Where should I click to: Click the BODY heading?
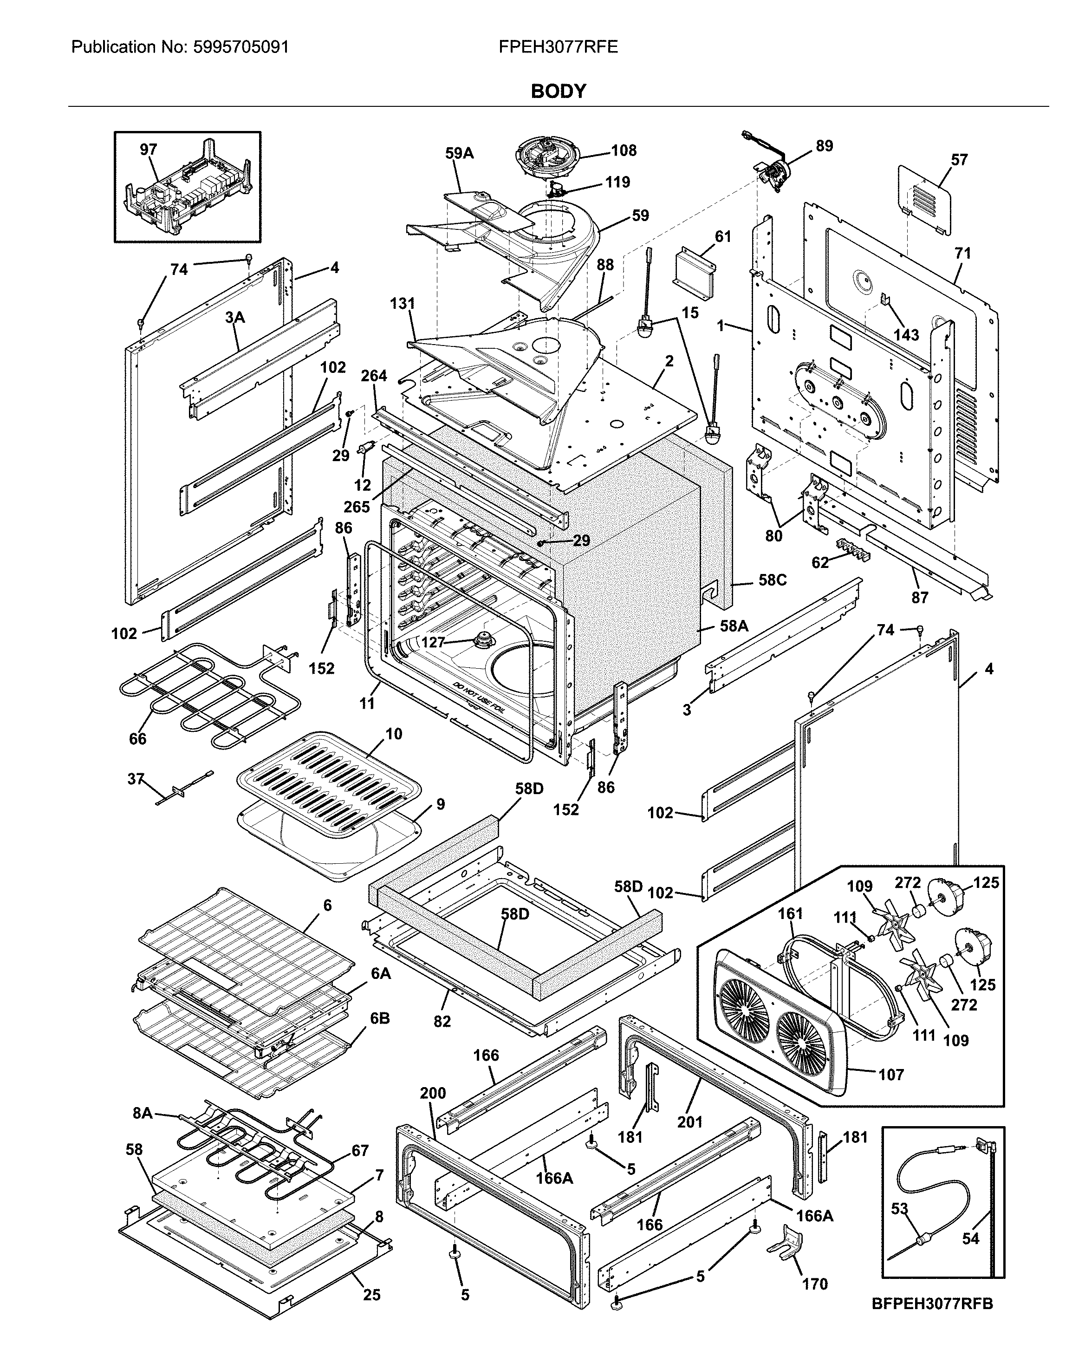558,91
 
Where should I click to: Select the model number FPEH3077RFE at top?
558,47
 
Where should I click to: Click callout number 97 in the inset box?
148,150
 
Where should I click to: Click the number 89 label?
824,145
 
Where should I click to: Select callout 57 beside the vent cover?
959,159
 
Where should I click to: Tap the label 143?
906,335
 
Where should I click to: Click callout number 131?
402,304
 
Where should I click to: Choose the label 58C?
772,580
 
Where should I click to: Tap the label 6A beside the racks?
380,973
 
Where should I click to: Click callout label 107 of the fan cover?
891,1075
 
